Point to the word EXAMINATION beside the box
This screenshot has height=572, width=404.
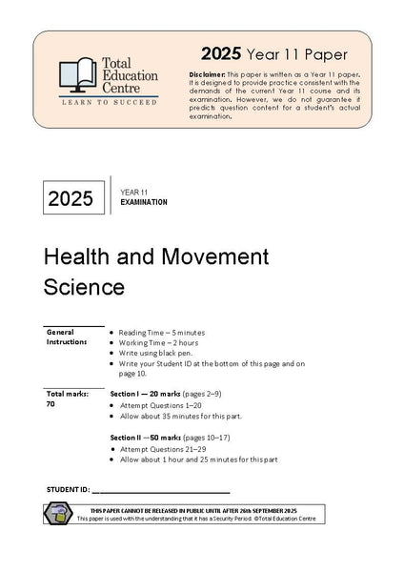(144, 203)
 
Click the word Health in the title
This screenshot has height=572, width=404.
(74, 256)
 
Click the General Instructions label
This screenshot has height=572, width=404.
(66, 337)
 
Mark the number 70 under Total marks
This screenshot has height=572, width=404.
(50, 403)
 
